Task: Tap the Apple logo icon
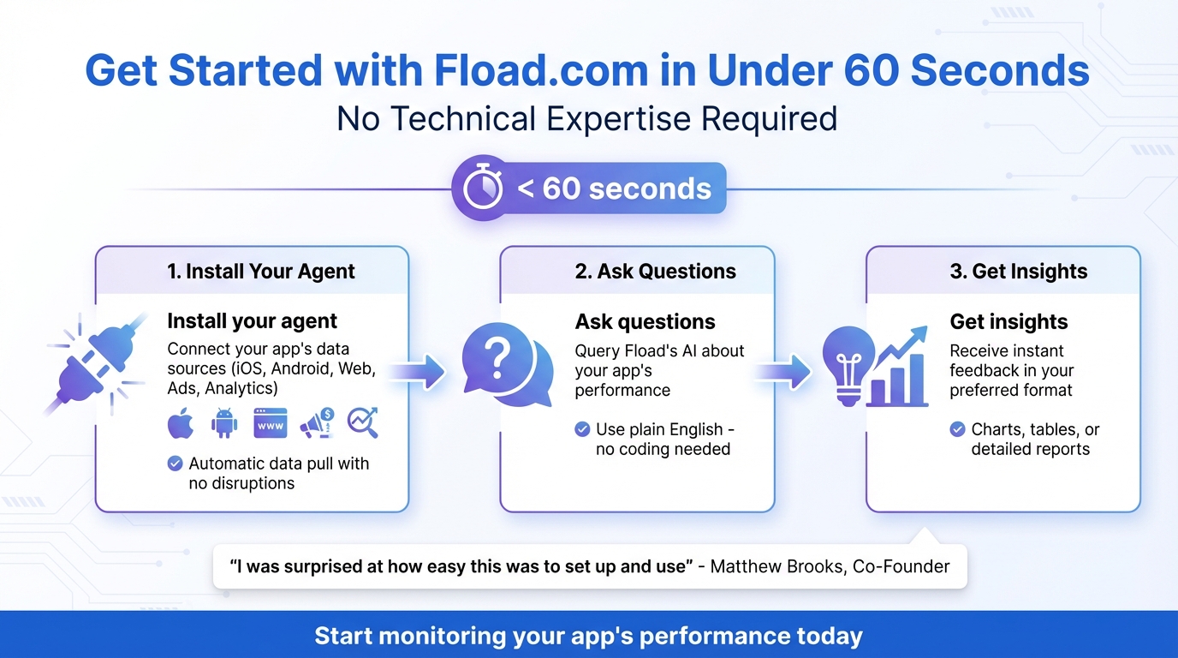(181, 422)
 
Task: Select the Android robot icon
(224, 422)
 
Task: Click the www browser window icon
(270, 423)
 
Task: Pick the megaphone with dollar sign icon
(317, 422)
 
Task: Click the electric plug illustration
(86, 364)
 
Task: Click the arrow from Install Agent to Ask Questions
(419, 371)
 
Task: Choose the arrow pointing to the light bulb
(783, 371)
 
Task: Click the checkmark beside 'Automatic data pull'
(175, 464)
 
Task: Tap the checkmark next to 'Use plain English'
(582, 429)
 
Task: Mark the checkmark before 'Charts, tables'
(958, 429)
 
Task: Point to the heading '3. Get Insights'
(1018, 272)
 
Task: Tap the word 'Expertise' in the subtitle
(617, 118)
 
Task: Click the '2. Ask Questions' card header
(655, 272)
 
